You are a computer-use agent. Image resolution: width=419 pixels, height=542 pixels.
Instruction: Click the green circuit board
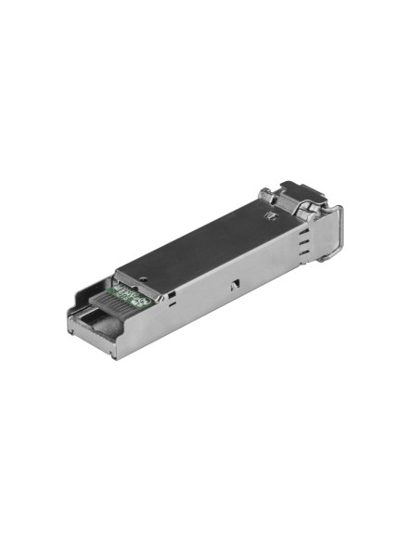(130, 296)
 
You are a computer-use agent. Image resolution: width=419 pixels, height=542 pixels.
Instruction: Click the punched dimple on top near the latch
(272, 215)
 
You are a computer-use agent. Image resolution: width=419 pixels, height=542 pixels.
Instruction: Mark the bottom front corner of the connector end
(114, 354)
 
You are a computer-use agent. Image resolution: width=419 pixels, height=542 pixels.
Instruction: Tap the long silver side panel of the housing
(222, 297)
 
